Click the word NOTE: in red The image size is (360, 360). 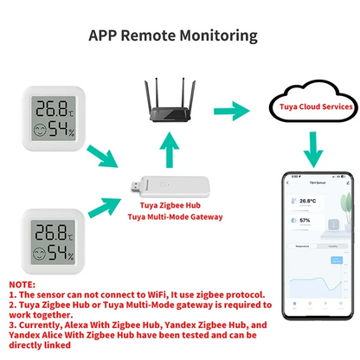pos(22,285)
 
